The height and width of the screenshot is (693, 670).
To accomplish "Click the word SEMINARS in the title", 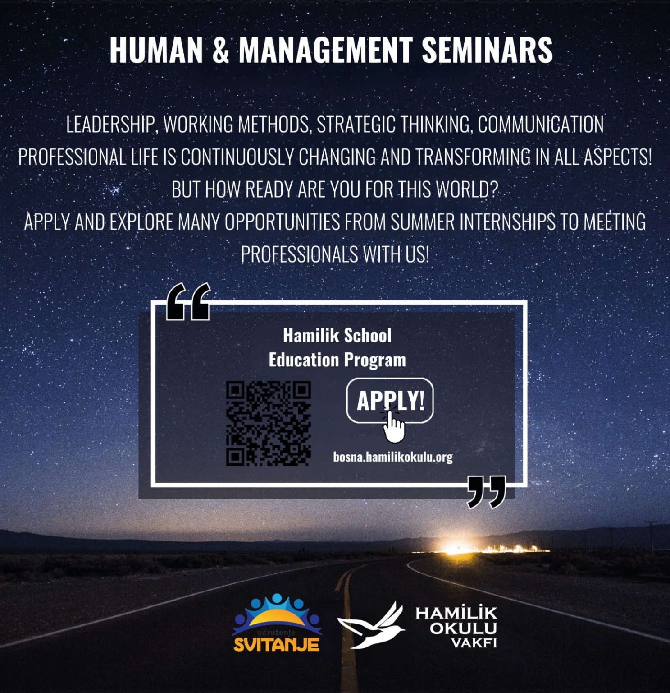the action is point(487,50).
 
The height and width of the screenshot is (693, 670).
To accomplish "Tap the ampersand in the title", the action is point(220,50).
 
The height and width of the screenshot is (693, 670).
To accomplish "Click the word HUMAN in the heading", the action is point(156,50).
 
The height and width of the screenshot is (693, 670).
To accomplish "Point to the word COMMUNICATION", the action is point(541,125).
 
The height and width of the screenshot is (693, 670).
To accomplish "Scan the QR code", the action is point(269,423).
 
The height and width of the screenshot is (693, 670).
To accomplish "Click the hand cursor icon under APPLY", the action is point(394,426).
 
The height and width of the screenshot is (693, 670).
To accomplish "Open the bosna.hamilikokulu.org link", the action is point(393,457).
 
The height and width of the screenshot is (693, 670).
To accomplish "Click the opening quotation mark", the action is point(188,302).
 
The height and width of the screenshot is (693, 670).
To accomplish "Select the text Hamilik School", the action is point(337,335).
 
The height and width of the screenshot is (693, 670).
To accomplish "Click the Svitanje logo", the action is point(277,623).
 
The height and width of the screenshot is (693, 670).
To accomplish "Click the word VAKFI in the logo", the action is point(474,643).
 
